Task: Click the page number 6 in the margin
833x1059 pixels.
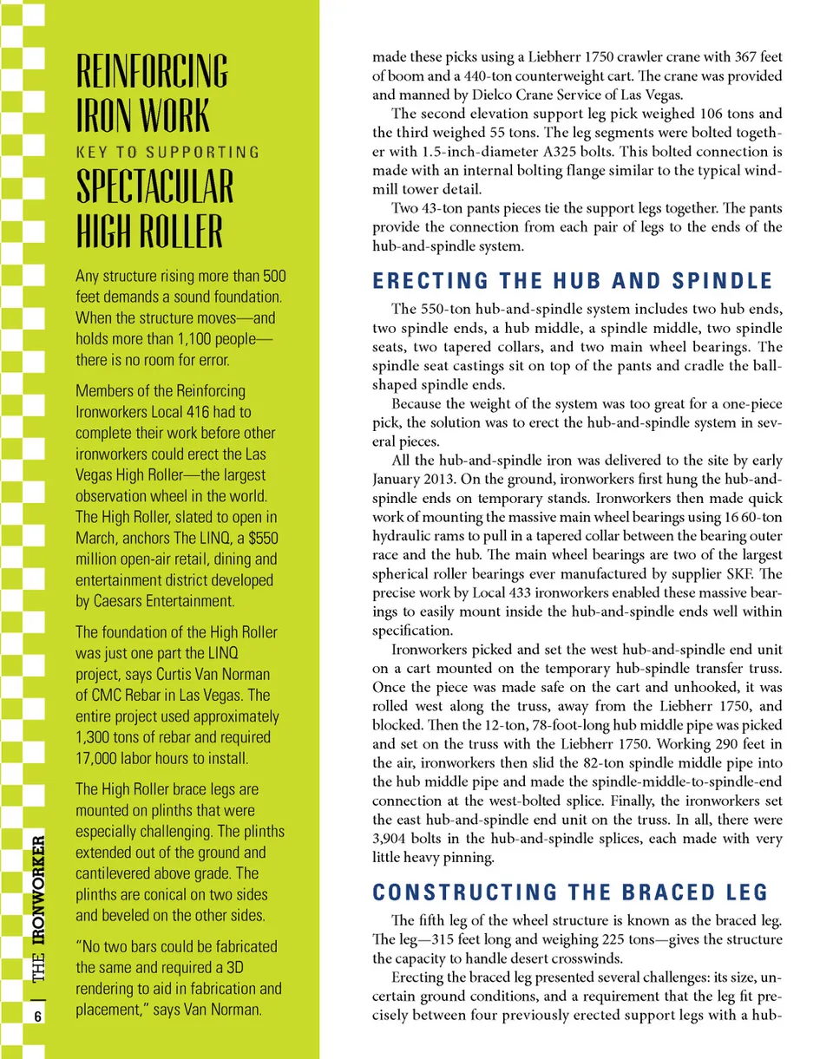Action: [39, 1017]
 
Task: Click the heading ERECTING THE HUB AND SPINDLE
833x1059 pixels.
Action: [572, 281]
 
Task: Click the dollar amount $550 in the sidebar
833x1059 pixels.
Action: [259, 539]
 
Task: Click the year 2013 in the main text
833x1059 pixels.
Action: [445, 480]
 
